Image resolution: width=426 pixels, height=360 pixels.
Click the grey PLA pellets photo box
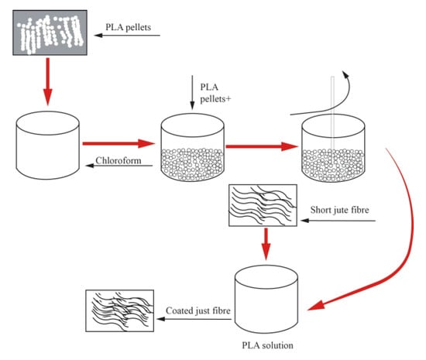tap(50, 33)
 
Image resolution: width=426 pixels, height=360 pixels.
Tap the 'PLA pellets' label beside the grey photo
tap(129, 27)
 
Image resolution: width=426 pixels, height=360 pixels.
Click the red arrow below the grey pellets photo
tap(48, 81)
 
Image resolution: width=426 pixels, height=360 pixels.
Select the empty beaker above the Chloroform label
tap(48, 145)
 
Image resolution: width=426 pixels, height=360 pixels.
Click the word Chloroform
tap(119, 160)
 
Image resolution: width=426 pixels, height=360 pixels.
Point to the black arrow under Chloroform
tap(119, 166)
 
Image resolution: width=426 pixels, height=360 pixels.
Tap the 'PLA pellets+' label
tap(215, 93)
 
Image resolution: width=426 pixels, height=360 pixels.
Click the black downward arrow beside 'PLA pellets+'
tap(192, 92)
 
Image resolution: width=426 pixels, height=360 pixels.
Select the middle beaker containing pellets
tap(192, 147)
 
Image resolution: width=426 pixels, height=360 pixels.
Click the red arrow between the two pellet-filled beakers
tap(262, 146)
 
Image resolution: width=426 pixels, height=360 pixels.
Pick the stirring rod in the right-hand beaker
tap(332, 114)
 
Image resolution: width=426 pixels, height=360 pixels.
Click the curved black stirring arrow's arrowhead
tap(345, 74)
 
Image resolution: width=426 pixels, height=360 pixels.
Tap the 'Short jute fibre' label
tap(339, 210)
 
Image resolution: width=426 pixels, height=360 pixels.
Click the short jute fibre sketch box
tap(263, 205)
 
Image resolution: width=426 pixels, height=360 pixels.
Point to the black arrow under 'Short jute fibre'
tap(338, 221)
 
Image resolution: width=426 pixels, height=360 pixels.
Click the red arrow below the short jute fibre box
tap(266, 244)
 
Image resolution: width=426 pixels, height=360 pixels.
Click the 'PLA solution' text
tap(268, 345)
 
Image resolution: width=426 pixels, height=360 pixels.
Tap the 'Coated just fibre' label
tap(198, 310)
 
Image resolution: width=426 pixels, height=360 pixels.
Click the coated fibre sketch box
tap(120, 311)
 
